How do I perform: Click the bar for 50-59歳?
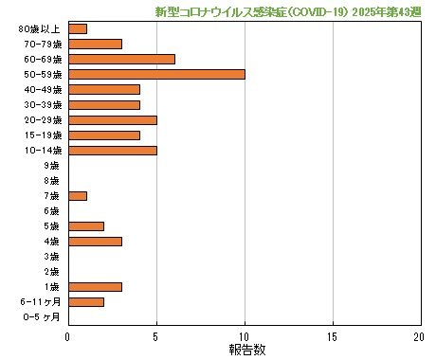pyautogui.click(x=156, y=74)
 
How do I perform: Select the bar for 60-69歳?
pyautogui.click(x=121, y=59)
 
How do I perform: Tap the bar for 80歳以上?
pyautogui.click(x=78, y=28)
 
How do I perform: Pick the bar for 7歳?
pyautogui.click(x=78, y=196)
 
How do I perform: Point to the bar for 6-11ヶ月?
pyautogui.click(x=86, y=302)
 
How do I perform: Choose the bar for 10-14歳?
pyautogui.click(x=113, y=150)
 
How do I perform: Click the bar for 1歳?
pyautogui.click(x=95, y=287)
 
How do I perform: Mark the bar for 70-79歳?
pyautogui.click(x=95, y=44)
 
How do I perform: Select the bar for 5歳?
pyautogui.click(x=86, y=226)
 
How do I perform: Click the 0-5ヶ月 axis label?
pyautogui.click(x=43, y=317)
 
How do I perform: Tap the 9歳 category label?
pyautogui.click(x=51, y=166)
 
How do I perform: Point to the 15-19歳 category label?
pyautogui.click(x=43, y=135)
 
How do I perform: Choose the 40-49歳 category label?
pyautogui.click(x=43, y=90)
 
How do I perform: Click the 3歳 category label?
pyautogui.click(x=51, y=257)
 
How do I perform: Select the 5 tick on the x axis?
pyautogui.click(x=156, y=336)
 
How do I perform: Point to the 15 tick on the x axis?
pyautogui.click(x=333, y=336)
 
